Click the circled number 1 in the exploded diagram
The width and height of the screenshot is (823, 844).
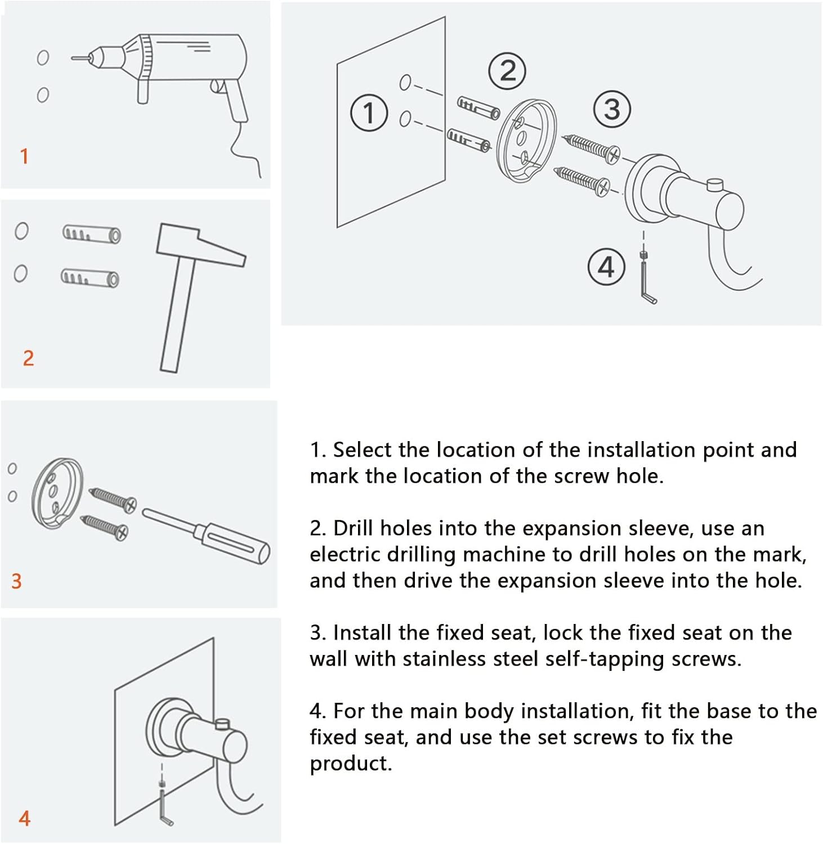click(369, 113)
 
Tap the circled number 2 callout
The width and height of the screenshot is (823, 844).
click(507, 71)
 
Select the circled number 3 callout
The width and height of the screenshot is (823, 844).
click(612, 109)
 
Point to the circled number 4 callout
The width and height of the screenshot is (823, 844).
click(606, 267)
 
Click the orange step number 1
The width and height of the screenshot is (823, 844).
click(24, 156)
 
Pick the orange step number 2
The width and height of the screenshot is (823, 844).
click(28, 358)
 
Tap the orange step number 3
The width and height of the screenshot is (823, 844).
click(16, 581)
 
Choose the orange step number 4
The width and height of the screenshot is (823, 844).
click(24, 818)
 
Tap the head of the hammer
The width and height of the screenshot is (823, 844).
click(200, 244)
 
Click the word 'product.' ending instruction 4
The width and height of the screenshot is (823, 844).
click(350, 764)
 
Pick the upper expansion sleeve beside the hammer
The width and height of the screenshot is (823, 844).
click(91, 233)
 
